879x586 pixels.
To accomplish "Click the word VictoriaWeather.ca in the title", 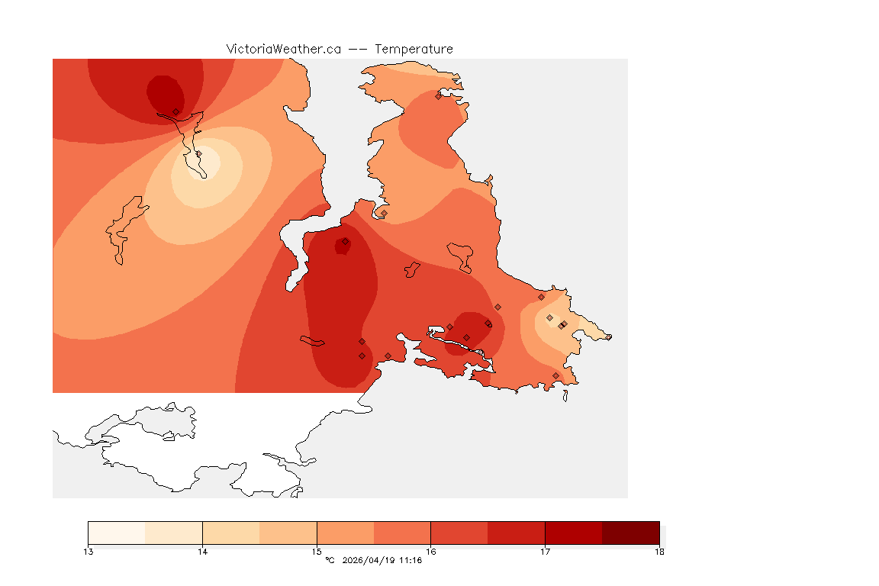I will pos(283,49).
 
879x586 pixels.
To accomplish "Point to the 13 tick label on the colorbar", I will pos(89,552).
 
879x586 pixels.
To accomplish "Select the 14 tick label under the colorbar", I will pos(202,552).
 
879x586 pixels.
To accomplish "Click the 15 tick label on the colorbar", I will pos(317,552).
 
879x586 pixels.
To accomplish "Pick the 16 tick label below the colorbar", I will pos(431,552).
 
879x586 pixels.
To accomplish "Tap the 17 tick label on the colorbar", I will pos(545,552).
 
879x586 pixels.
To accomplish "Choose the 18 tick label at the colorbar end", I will pos(659,552).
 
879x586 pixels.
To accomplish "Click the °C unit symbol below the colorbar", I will pos(330,561).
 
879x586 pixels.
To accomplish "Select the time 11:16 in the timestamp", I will pos(412,561).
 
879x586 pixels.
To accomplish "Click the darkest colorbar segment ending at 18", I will pos(630,532).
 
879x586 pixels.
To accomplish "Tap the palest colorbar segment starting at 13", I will pos(117,532).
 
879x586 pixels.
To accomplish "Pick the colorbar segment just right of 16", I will pos(459,532).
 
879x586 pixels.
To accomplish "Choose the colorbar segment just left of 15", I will pos(288,532).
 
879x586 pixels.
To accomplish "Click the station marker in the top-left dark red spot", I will pos(175,111).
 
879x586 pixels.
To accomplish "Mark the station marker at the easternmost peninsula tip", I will pos(608,336).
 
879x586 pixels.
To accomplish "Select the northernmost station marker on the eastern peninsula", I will pos(439,96).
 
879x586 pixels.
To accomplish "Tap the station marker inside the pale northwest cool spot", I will pos(198,153).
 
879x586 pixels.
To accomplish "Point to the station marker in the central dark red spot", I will pos(345,241).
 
